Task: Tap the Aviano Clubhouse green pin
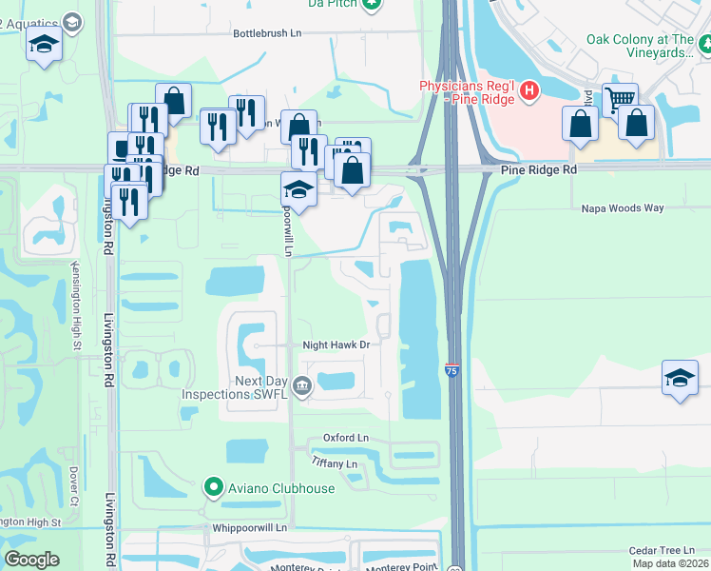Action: tap(213, 488)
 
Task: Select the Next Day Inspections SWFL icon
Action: tap(302, 385)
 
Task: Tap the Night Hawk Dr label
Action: tap(335, 345)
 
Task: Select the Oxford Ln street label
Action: tap(345, 438)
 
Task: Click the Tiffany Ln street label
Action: tap(334, 463)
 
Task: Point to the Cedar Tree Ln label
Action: tap(663, 550)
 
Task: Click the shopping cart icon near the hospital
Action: tap(620, 97)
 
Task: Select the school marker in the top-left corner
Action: tap(44, 45)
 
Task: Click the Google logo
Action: tap(32, 560)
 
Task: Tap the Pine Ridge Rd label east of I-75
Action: tap(539, 168)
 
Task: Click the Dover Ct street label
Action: tap(73, 485)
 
